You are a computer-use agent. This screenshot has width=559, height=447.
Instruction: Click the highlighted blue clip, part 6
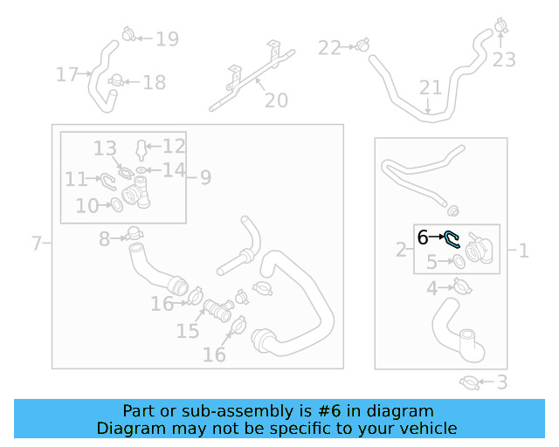click(x=451, y=238)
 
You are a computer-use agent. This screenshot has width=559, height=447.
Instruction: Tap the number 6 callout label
click(x=423, y=237)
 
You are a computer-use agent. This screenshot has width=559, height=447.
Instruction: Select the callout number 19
click(x=167, y=39)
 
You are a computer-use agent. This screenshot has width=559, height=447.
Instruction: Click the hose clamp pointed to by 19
click(x=128, y=34)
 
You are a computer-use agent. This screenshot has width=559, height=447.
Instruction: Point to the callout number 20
click(x=276, y=100)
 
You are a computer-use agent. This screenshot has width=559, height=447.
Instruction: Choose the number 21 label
click(x=431, y=87)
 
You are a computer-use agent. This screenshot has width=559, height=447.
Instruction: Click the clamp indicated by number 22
click(x=362, y=45)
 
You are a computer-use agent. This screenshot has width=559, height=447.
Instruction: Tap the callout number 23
click(x=504, y=59)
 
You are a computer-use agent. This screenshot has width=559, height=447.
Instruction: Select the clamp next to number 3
click(x=469, y=383)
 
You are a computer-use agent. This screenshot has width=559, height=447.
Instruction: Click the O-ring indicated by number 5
click(x=459, y=261)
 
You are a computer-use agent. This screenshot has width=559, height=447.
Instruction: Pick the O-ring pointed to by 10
click(x=116, y=205)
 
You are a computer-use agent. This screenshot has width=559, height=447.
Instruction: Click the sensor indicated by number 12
click(x=141, y=149)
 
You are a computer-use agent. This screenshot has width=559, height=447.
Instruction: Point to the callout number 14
click(x=174, y=170)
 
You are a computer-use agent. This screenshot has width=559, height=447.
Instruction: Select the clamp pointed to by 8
click(x=134, y=233)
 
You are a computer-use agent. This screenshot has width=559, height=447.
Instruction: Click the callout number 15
click(x=188, y=331)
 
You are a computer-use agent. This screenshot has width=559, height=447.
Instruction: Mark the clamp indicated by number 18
click(x=116, y=80)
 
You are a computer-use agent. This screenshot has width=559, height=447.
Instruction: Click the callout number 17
click(x=67, y=74)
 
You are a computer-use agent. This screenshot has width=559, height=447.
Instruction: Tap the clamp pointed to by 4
click(x=463, y=286)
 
